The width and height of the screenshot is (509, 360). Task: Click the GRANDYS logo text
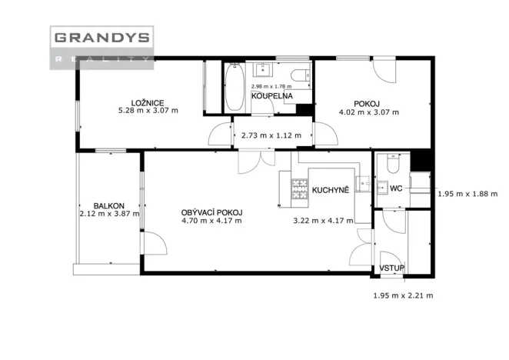102,38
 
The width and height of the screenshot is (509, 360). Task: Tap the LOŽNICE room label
148,103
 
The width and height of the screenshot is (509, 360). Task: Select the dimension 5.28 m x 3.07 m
148,111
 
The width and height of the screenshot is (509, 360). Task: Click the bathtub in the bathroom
235,87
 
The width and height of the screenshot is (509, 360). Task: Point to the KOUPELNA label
272,96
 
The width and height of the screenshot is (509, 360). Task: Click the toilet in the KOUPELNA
301,75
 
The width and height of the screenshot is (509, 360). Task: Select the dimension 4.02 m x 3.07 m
369,112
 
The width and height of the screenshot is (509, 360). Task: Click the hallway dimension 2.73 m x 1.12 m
271,135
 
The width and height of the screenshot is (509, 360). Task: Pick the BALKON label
108,205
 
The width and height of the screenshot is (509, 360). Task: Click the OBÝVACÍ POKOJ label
211,213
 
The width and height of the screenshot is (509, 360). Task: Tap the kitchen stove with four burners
300,188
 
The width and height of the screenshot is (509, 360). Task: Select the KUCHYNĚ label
331,190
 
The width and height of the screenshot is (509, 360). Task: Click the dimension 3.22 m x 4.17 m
324,221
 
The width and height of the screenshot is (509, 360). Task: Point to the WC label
396,188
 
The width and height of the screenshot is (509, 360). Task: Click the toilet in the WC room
393,163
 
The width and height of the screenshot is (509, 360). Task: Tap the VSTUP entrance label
392,268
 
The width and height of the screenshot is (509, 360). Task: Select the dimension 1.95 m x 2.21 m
403,295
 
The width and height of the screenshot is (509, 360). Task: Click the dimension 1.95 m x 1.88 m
467,194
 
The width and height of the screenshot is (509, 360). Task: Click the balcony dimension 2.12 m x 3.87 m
109,214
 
